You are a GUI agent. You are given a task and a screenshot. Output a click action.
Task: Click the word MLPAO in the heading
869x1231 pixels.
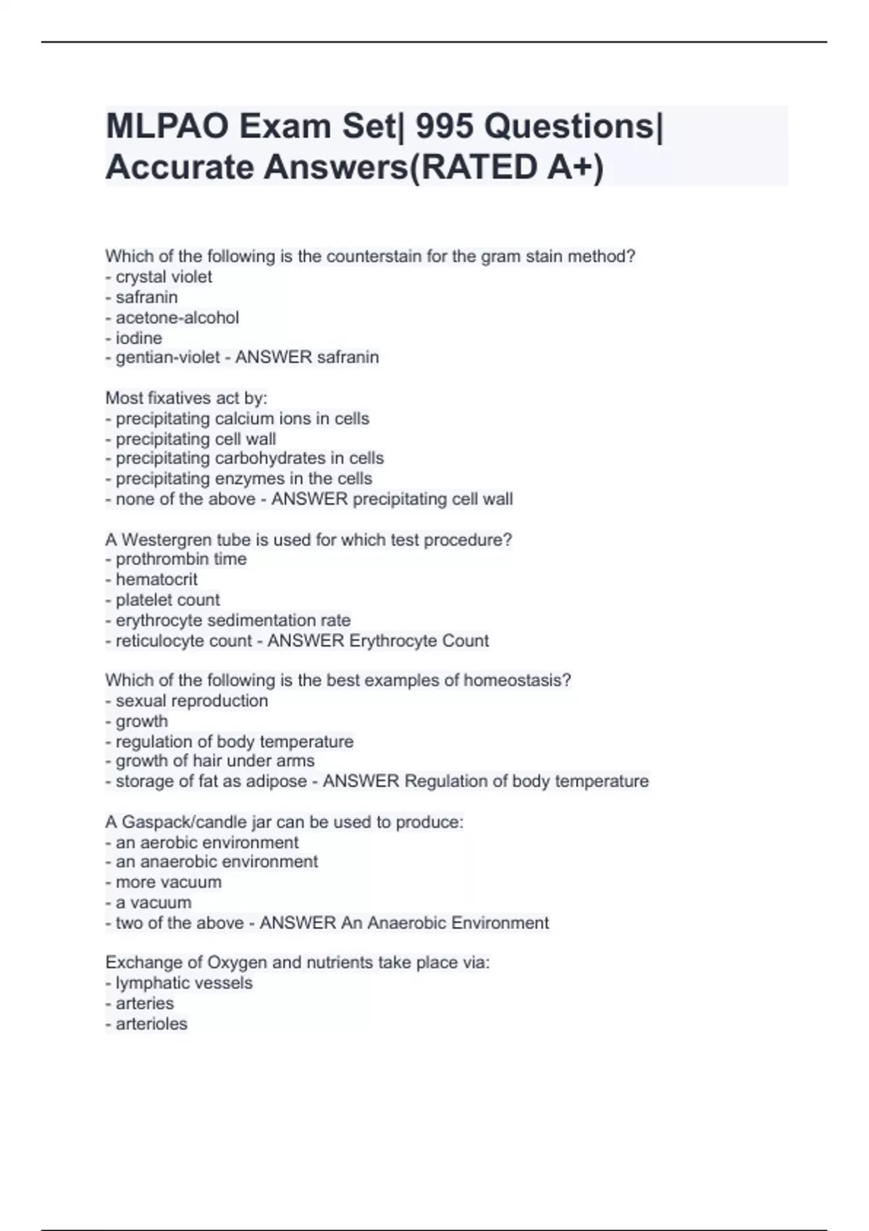coord(168,127)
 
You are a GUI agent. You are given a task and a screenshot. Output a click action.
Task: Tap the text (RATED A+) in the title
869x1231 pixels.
coord(506,168)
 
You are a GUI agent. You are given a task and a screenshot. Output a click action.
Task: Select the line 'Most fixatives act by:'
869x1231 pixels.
coord(186,398)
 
